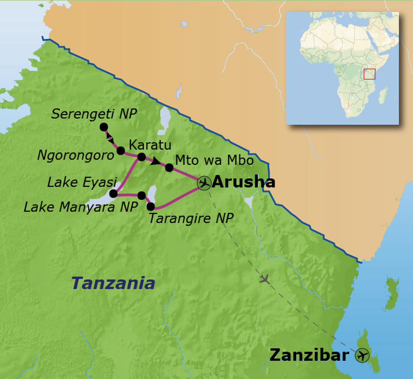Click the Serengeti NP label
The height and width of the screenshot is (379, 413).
click(94, 114)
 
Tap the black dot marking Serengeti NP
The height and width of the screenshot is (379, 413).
click(104, 127)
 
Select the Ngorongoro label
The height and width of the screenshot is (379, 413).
click(75, 155)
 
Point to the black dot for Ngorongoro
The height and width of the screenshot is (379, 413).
click(121, 151)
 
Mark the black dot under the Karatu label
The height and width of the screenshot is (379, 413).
click(142, 157)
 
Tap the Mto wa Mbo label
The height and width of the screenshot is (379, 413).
click(215, 160)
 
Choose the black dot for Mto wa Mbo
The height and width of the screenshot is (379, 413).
click(169, 167)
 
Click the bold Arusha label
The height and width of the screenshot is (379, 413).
click(243, 182)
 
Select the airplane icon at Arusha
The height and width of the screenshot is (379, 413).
click(204, 183)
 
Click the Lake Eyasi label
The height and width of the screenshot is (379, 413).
click(82, 182)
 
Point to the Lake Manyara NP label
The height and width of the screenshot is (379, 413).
click(81, 207)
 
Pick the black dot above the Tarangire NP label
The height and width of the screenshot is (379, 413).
click(150, 206)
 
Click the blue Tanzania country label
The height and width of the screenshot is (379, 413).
click(113, 283)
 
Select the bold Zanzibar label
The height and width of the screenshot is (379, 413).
click(309, 355)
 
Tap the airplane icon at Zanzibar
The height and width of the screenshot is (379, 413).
click(362, 356)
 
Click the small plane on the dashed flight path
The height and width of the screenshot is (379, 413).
click(265, 278)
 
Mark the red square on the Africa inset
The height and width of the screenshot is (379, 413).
click(369, 74)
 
